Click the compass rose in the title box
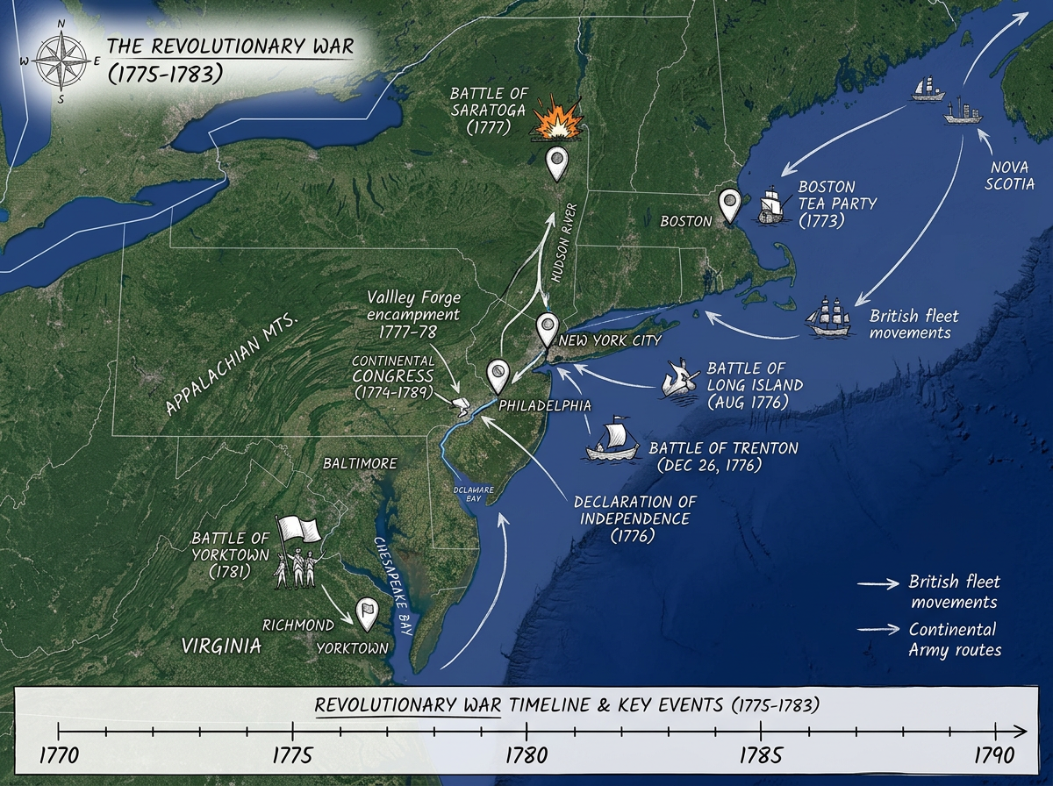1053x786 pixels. pyautogui.click(x=60, y=61)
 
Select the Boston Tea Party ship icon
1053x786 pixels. pyautogui.click(x=771, y=204)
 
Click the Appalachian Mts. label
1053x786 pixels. pyautogui.click(x=233, y=364)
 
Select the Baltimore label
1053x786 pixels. pyautogui.click(x=360, y=462)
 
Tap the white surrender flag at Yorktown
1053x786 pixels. pyautogui.click(x=297, y=529)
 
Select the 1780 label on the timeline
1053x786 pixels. pyautogui.click(x=526, y=754)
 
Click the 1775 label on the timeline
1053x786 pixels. pyautogui.click(x=291, y=754)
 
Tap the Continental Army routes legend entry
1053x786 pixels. pyautogui.click(x=953, y=640)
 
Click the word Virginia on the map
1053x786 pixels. pyautogui.click(x=221, y=647)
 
